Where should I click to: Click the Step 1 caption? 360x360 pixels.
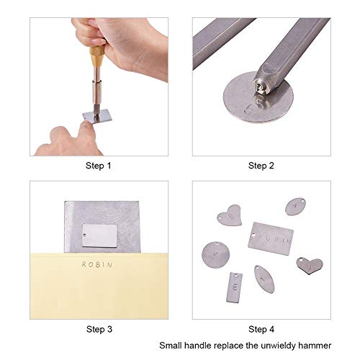[x=99, y=165]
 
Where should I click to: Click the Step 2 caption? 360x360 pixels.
[x=261, y=165]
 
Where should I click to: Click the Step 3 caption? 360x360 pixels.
[x=99, y=329]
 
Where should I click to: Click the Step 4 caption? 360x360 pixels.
[x=261, y=329]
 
